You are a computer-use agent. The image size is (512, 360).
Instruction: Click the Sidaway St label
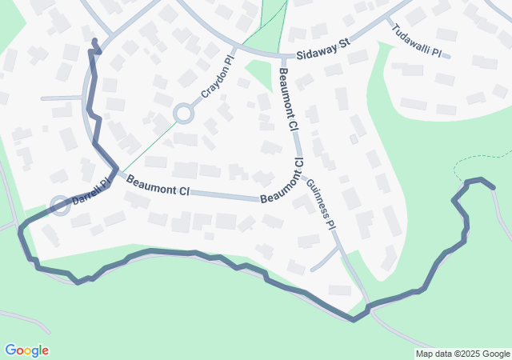tap(323, 50)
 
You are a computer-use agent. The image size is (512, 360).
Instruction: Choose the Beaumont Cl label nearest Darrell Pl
tap(158, 186)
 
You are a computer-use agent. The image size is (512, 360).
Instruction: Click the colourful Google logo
tap(26, 350)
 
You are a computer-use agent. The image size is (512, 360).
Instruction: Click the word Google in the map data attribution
tap(496, 354)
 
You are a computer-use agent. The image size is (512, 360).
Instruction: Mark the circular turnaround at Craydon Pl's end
tap(183, 114)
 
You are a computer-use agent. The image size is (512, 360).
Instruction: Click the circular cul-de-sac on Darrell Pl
tap(60, 206)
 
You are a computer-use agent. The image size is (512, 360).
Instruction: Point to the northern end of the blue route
tap(94, 40)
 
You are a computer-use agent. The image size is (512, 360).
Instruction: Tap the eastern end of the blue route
tap(494, 187)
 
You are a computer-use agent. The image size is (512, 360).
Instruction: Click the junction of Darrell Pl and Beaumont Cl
tap(114, 170)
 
